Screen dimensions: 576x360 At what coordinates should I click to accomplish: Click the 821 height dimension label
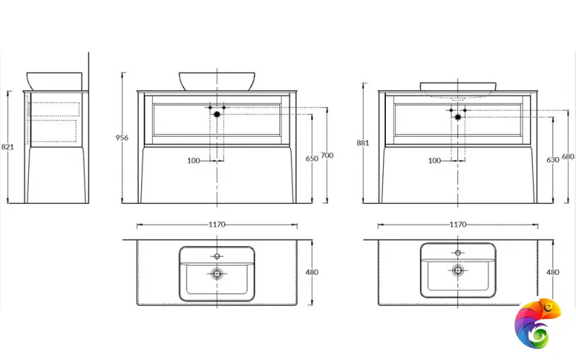(8, 147)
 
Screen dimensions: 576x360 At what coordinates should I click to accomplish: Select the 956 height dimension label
(122, 138)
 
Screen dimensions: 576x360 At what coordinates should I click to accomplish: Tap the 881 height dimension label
(363, 143)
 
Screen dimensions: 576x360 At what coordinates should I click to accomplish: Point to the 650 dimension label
(312, 158)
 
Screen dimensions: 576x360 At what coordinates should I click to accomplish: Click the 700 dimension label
(327, 156)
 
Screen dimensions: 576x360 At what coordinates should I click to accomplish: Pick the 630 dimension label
(553, 160)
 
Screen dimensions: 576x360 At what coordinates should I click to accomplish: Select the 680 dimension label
(568, 156)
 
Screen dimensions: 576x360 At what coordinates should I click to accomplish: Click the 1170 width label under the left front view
(217, 225)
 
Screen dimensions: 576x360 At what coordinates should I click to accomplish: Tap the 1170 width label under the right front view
(458, 225)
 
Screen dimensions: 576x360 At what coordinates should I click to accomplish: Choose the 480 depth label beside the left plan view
(312, 272)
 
